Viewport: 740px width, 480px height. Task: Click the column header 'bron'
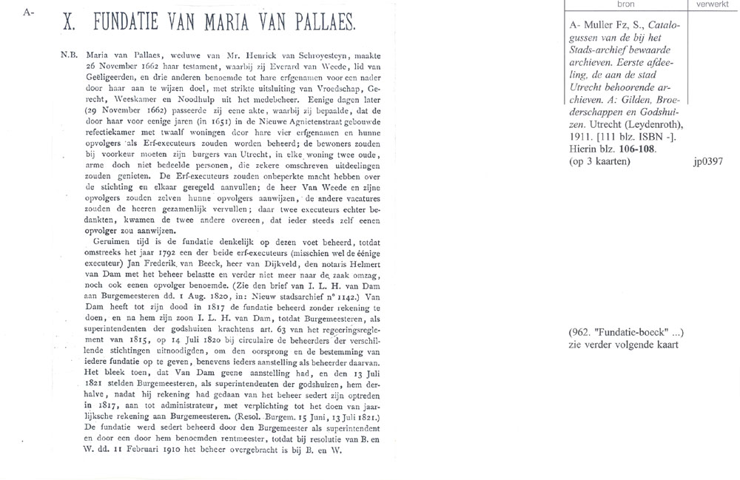click(x=615, y=4)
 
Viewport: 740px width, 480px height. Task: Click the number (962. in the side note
click(x=580, y=331)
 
